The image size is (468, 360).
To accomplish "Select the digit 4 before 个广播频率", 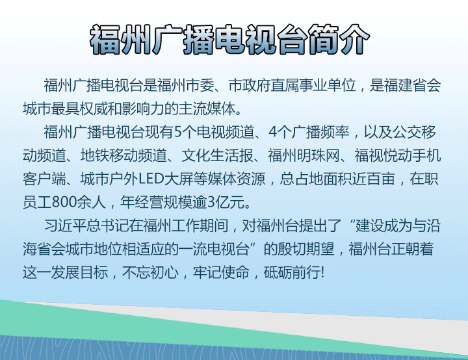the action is click(273, 132).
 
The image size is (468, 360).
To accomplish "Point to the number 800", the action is click(64, 202).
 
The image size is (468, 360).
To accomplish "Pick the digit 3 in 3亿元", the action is click(212, 202).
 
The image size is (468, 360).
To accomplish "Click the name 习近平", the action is click(65, 225).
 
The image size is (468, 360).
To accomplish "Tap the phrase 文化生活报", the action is click(217, 155).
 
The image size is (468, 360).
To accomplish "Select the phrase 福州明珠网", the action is click(304, 155).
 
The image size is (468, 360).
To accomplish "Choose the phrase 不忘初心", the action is click(150, 272).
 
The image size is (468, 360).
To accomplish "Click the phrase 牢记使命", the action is click(221, 272).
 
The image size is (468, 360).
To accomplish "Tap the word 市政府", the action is click(250, 85).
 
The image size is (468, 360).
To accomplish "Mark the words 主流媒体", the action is click(207, 109).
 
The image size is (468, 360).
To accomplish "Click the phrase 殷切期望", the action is click(305, 249).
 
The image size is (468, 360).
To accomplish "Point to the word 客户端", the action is click(44, 179).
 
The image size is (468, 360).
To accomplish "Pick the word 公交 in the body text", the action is click(407, 132).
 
